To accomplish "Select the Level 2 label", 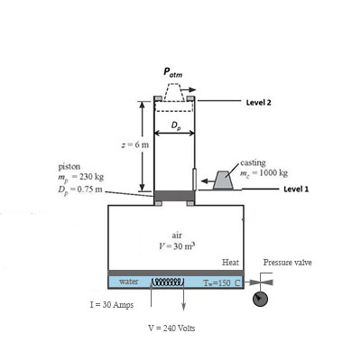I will (260, 103).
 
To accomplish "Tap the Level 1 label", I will (298, 190).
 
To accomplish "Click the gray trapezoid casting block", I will (221, 182).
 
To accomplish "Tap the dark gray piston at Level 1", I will (174, 196).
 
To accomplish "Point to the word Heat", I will (229, 262).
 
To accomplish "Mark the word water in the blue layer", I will (128, 282).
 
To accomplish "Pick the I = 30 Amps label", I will (110, 305).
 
